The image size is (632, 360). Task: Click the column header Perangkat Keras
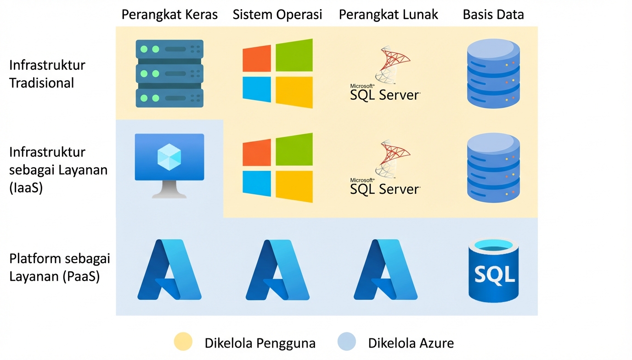tap(169, 14)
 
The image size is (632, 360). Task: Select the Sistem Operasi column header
tap(277, 14)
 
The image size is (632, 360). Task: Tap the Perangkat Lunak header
tap(389, 14)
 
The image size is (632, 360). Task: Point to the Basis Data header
tap(493, 14)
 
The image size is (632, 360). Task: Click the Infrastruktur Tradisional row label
tap(47, 74)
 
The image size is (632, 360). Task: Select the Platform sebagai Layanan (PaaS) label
tap(60, 268)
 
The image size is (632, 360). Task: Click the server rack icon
tap(169, 73)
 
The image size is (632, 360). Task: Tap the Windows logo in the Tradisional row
tap(277, 73)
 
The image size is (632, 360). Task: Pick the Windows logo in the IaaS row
tap(277, 168)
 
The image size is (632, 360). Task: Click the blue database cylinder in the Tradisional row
tap(493, 73)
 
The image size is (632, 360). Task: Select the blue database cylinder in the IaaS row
tap(493, 168)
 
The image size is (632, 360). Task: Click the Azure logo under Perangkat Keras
tap(169, 270)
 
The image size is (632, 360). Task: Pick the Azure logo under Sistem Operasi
tap(277, 270)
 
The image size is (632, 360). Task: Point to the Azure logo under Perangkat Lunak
tap(386, 270)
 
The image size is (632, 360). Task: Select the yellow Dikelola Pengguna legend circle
tap(183, 343)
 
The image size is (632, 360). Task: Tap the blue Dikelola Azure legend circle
tap(347, 343)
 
